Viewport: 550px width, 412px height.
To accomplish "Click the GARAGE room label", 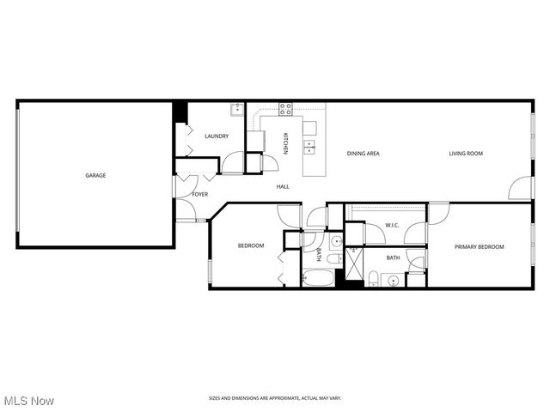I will coord(95,175).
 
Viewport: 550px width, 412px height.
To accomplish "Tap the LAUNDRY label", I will coord(216,136).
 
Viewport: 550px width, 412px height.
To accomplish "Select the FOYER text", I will coord(199,195).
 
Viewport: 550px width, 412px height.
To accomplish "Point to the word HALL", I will coord(283,186).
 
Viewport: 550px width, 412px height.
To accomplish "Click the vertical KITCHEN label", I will coord(287,141).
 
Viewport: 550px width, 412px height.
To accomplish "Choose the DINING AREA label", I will coord(364,154).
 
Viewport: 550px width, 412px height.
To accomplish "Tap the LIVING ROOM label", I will coord(466,154).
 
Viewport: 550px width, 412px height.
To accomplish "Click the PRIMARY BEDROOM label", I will coord(479,247).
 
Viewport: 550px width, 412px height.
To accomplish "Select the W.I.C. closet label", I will coord(392,226).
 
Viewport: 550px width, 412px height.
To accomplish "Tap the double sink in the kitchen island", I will coord(309,145).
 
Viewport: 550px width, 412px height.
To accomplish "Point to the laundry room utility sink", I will coord(235,109).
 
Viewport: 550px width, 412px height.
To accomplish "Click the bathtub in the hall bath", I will coord(317,278).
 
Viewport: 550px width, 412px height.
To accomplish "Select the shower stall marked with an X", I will coord(351,263).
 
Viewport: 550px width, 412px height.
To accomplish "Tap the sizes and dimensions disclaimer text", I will coord(275,397).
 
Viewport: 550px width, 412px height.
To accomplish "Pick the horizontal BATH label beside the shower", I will coord(393,257).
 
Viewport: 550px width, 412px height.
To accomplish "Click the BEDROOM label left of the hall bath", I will coord(251,246).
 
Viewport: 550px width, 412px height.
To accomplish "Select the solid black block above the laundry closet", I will coord(180,112).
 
